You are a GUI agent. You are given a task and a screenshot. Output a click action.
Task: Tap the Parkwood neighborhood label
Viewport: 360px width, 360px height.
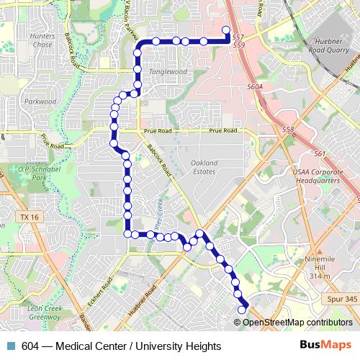point(40,102)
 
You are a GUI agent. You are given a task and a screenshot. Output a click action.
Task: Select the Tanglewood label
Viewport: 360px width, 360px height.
point(167,72)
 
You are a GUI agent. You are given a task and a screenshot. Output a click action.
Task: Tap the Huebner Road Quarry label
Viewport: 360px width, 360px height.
point(328,48)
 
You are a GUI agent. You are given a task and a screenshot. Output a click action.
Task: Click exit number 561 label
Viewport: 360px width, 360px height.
point(320,154)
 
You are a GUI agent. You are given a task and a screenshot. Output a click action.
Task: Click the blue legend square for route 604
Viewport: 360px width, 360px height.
point(9,345)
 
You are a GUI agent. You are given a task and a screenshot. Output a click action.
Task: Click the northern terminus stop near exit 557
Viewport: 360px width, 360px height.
point(226,30)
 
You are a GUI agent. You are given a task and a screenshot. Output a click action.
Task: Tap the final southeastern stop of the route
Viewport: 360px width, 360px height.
point(242,310)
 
